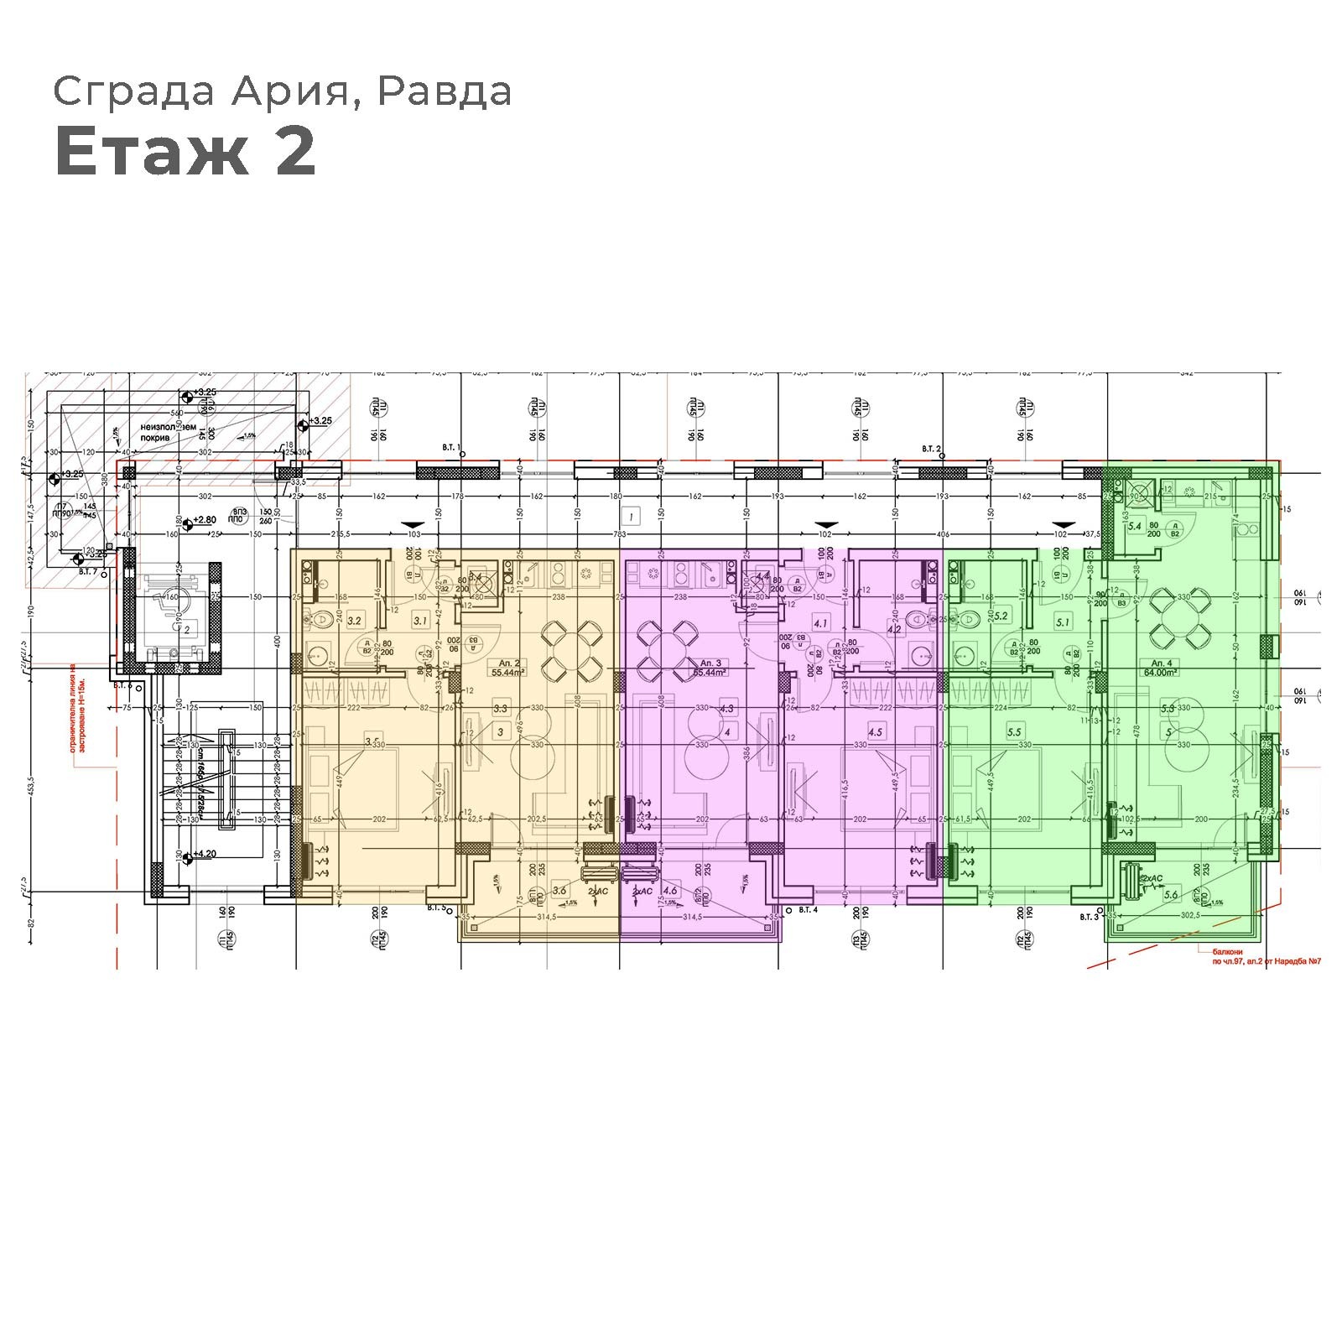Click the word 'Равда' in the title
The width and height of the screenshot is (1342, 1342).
pos(444,91)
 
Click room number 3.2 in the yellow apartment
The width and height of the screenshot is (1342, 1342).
pos(354,621)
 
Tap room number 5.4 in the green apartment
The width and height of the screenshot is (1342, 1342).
pos(1135,526)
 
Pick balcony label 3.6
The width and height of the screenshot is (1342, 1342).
pos(559,890)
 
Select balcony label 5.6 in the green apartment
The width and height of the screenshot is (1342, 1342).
pos(1171,895)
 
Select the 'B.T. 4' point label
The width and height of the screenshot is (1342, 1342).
pos(808,909)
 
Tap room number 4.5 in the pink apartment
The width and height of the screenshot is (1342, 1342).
pos(876,731)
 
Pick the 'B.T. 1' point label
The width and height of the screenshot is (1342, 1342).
pos(451,448)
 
